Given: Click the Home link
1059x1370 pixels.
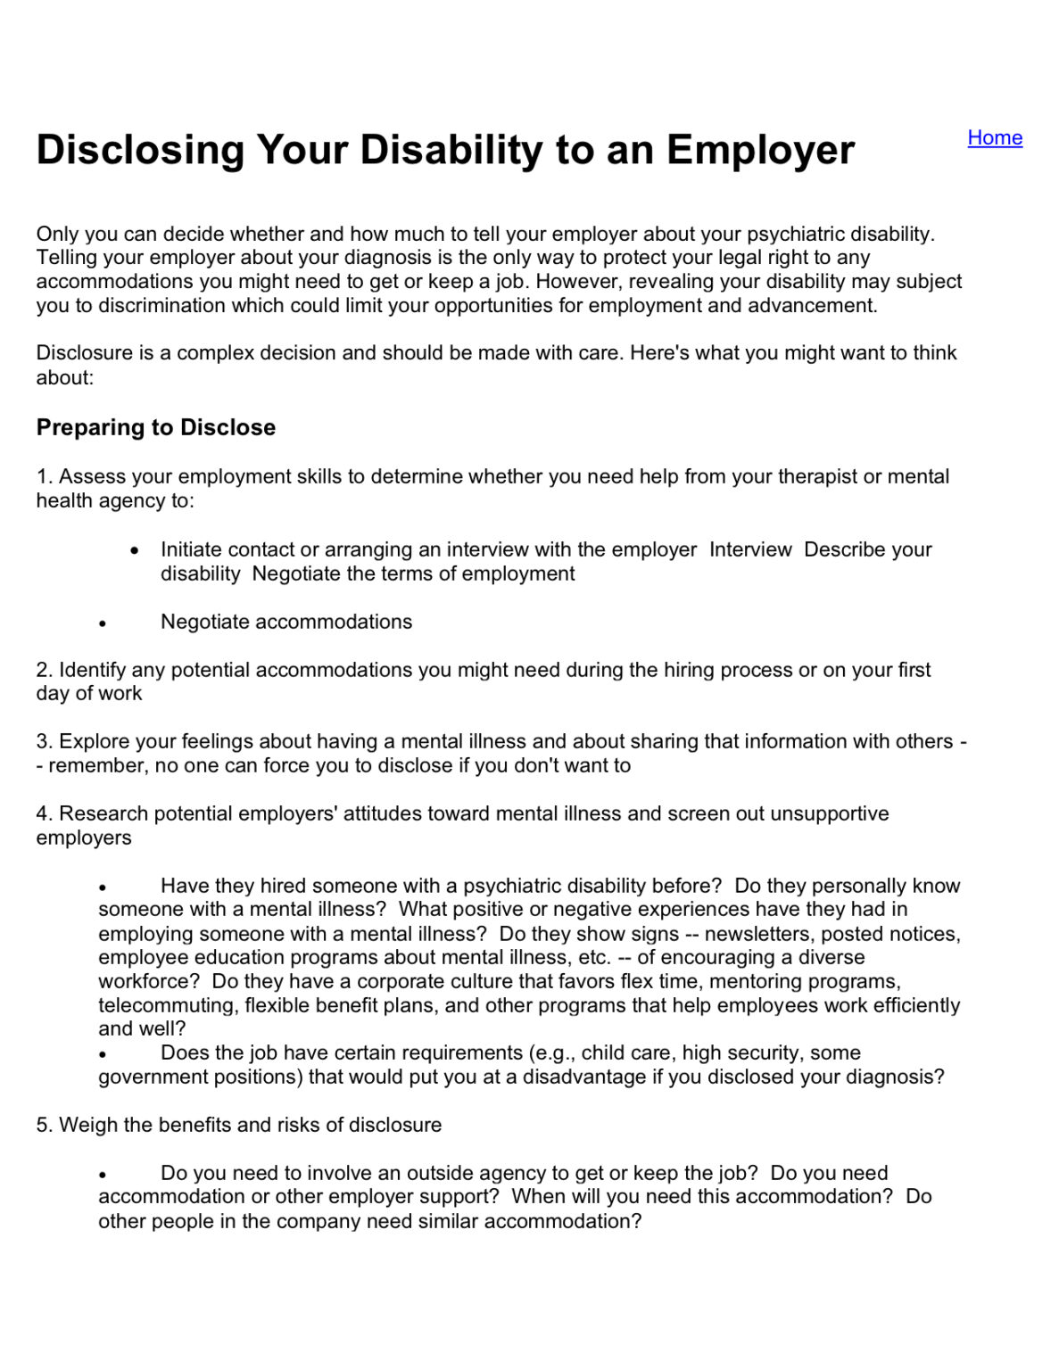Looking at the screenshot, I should (994, 137).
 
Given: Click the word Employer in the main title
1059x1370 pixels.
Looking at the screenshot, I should (760, 150).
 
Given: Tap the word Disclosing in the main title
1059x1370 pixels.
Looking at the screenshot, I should (140, 150).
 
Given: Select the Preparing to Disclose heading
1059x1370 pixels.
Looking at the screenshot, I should (155, 427).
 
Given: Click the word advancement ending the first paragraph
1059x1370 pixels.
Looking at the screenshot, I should (811, 305).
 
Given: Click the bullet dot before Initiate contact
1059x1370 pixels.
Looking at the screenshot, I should (135, 551).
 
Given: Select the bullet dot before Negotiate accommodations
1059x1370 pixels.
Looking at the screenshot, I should (103, 623).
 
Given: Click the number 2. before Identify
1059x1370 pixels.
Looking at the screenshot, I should (44, 670).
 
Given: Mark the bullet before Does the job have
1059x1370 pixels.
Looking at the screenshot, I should (103, 1054).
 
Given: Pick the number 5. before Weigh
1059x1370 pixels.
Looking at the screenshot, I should (44, 1125).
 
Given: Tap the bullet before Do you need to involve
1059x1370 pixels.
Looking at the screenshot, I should (103, 1175).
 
